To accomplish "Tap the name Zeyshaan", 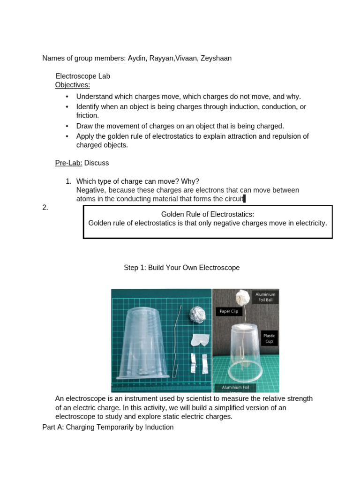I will (x=216, y=58).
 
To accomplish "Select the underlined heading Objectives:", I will (x=72, y=85).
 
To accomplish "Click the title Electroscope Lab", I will (x=82, y=76).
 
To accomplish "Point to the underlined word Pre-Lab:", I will (x=68, y=163).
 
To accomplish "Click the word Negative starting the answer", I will (x=91, y=190).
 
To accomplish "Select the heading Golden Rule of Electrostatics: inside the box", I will (x=208, y=214).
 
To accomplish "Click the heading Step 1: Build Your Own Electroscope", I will (x=181, y=268).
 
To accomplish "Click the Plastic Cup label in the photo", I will (x=269, y=338).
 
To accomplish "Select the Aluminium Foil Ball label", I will (x=265, y=297).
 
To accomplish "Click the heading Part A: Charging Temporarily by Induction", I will (x=108, y=427).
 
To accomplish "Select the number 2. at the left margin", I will (x=45, y=208).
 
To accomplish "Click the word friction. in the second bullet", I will (x=88, y=115).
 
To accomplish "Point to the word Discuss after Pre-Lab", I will (x=97, y=163).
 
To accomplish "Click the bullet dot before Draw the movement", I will (x=67, y=126).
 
